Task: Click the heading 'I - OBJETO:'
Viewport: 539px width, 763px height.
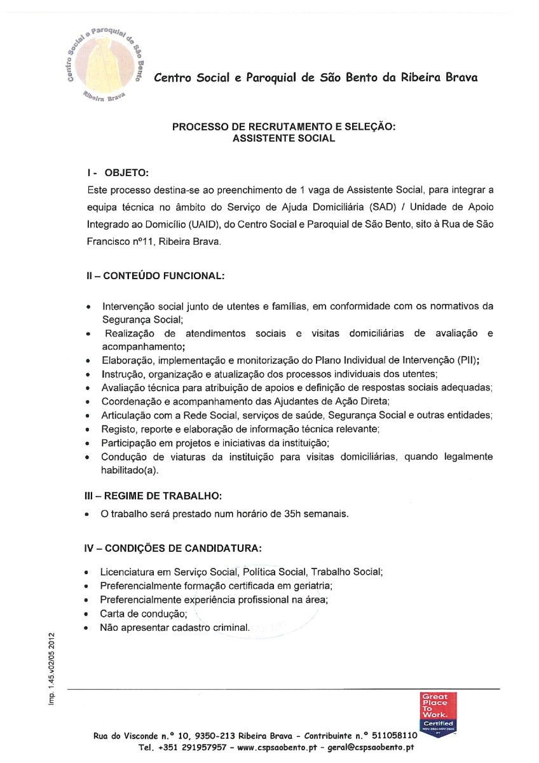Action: [118, 173]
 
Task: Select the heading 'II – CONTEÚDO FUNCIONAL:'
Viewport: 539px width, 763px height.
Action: [156, 276]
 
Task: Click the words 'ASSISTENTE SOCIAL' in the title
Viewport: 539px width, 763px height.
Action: [283, 138]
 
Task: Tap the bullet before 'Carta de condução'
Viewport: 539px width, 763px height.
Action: [86, 614]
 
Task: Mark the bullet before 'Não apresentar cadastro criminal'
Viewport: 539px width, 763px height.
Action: [86, 628]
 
